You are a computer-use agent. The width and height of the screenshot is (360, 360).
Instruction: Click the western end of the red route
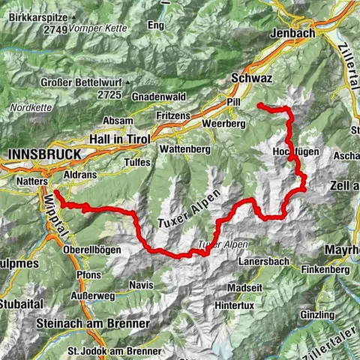click(x=55, y=191)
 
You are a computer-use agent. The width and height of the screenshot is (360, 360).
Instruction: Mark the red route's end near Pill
click(x=259, y=106)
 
